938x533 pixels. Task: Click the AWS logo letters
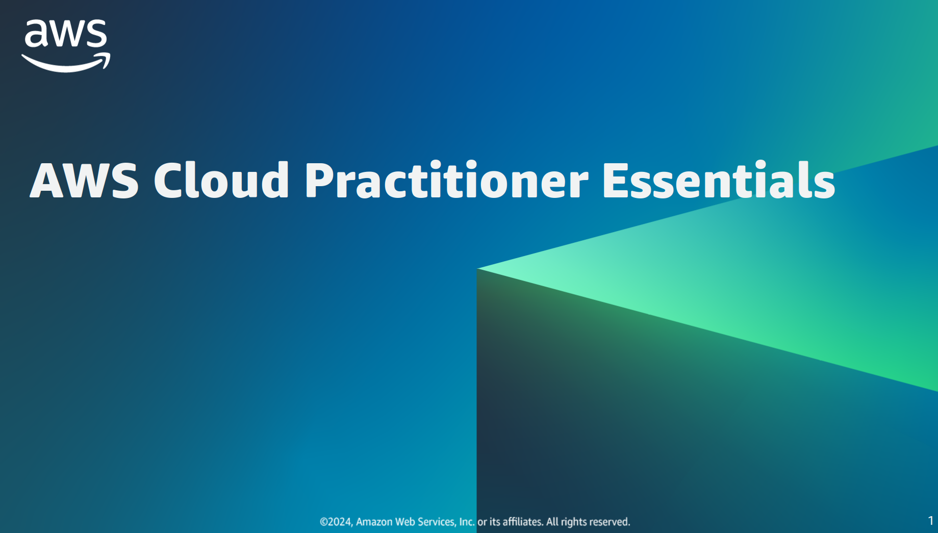pos(66,34)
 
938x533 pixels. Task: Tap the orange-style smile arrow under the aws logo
pos(66,63)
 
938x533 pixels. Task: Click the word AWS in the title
pos(84,180)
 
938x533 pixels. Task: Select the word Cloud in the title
pos(221,179)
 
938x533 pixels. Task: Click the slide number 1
pos(930,521)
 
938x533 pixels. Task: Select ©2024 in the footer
pos(336,522)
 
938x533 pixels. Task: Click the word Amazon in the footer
pos(374,522)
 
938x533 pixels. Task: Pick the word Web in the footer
pos(405,522)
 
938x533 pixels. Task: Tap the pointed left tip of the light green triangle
pos(477,268)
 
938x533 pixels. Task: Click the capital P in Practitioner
pos(319,180)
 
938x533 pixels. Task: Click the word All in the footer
pos(552,522)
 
